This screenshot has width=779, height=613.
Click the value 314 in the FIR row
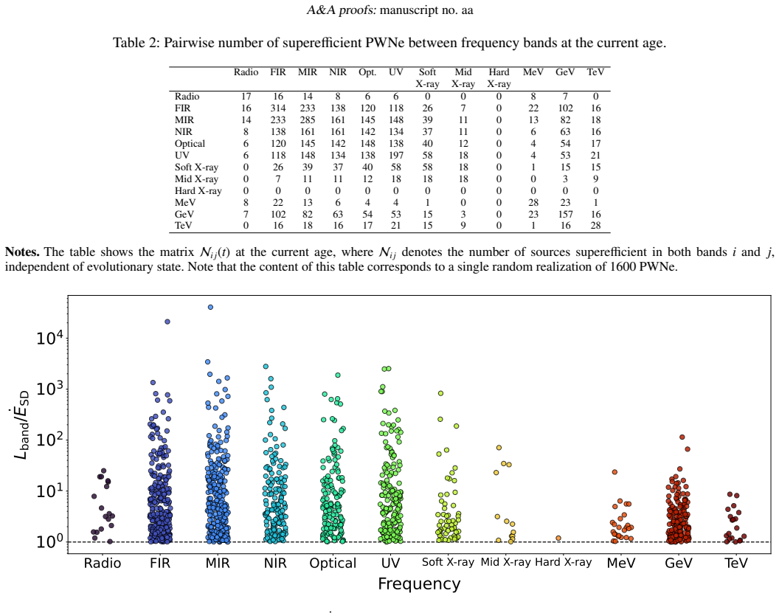pyautogui.click(x=277, y=108)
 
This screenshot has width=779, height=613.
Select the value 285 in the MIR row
pyautogui.click(x=308, y=120)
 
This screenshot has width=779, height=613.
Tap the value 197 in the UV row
pyautogui.click(x=396, y=156)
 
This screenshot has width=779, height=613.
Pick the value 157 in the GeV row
pyautogui.click(x=565, y=215)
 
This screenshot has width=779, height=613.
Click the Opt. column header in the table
pyautogui.click(x=367, y=72)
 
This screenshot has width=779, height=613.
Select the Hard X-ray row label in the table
pyautogui.click(x=198, y=191)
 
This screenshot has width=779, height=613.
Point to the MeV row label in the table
pyautogui.click(x=185, y=203)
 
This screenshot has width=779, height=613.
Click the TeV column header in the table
pyautogui.click(x=595, y=72)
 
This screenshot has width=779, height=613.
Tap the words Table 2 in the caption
pyautogui.click(x=135, y=44)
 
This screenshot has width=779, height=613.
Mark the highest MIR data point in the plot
pyautogui.click(x=211, y=307)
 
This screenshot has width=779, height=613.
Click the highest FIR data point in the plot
pyautogui.click(x=167, y=322)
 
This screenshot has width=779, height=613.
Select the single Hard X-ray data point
pyautogui.click(x=558, y=538)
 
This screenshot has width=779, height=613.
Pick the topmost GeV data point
pyautogui.click(x=682, y=437)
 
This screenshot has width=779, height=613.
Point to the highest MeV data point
pyautogui.click(x=614, y=472)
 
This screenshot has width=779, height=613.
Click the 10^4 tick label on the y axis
pyautogui.click(x=49, y=338)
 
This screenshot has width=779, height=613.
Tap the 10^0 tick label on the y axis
pyautogui.click(x=49, y=541)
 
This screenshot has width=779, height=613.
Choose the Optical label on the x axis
pyautogui.click(x=333, y=564)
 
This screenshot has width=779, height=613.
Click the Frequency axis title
pyautogui.click(x=419, y=584)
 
